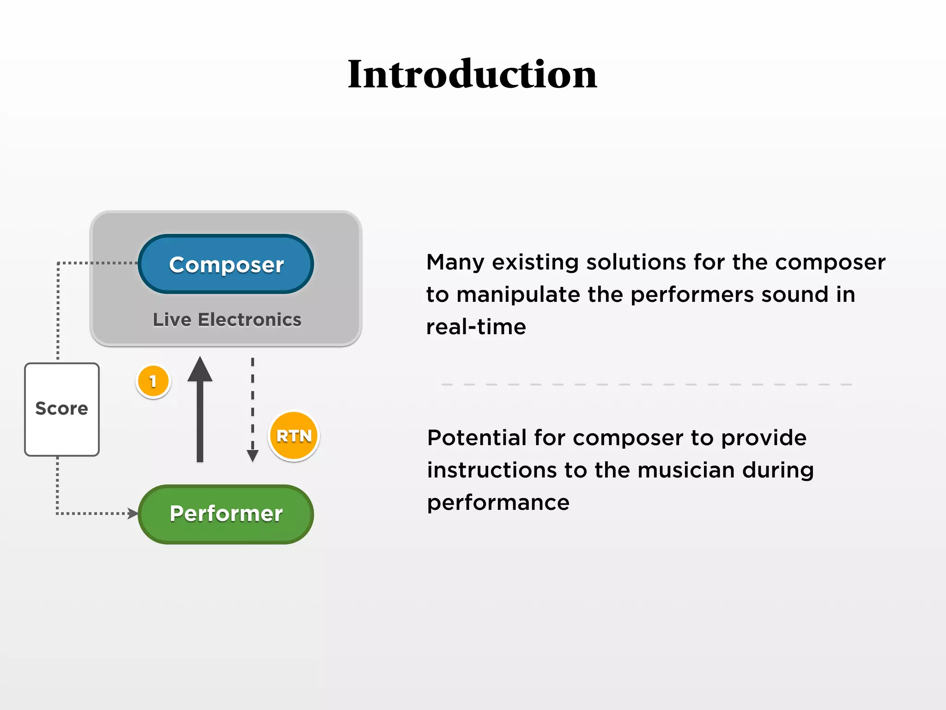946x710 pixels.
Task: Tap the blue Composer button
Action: [226, 264]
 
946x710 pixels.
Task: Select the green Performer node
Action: [226, 514]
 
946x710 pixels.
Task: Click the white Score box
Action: [62, 409]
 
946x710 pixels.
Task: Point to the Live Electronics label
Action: [227, 320]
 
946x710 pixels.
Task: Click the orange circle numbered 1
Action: [153, 381]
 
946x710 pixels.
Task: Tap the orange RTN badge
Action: [294, 436]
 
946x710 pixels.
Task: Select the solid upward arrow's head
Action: [200, 369]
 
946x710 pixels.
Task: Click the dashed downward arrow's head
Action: [252, 456]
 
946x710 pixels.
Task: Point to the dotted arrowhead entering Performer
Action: [133, 514]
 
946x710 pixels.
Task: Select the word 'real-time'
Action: [476, 327]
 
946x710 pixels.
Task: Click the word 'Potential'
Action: [476, 438]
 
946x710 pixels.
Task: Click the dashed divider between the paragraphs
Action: [647, 385]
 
